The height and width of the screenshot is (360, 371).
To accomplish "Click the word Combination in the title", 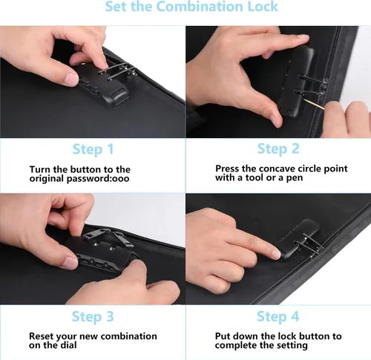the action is pyautogui.click(x=200, y=6).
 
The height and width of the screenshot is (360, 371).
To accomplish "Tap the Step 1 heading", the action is pyautogui.click(x=93, y=149).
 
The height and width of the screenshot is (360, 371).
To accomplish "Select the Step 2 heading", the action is pyautogui.click(x=278, y=149).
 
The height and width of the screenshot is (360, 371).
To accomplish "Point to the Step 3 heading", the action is pyautogui.click(x=93, y=317).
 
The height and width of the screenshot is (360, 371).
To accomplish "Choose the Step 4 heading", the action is pyautogui.click(x=278, y=317).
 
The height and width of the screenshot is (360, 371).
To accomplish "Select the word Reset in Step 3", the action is pyautogui.click(x=42, y=336).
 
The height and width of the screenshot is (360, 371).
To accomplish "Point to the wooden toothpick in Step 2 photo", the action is pyautogui.click(x=314, y=104).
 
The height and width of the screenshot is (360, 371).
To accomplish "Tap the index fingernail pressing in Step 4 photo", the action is pyautogui.click(x=276, y=254).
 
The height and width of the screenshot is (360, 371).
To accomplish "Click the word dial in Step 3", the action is pyautogui.click(x=70, y=345).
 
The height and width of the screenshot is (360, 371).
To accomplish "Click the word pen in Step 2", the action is pyautogui.click(x=295, y=178).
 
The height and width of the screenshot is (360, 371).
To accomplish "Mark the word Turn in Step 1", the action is pyautogui.click(x=40, y=170).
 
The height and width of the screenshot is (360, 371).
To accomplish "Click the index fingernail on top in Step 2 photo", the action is pyautogui.click(x=303, y=37).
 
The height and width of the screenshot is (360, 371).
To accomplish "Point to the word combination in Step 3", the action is pyautogui.click(x=128, y=336).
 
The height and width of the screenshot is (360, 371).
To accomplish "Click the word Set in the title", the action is pyautogui.click(x=116, y=6).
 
